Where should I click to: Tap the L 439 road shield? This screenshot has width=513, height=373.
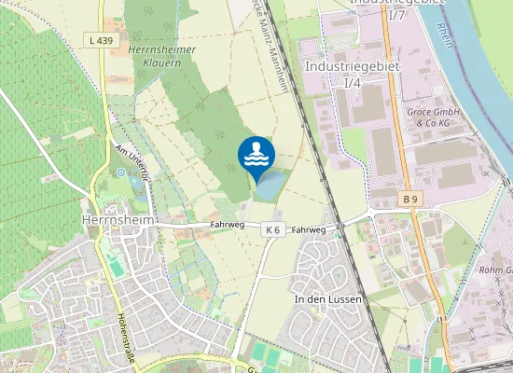point(104,40)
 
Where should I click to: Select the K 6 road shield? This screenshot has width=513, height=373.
point(272,229)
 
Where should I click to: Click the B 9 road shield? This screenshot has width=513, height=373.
point(411,200)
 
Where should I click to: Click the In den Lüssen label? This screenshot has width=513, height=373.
point(327,300)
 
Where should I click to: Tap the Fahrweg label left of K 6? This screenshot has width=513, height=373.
point(228,225)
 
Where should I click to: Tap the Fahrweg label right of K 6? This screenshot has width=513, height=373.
point(309,229)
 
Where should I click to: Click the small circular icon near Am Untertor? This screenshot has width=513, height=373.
point(120,172)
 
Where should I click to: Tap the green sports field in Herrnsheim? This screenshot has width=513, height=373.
point(115,268)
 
